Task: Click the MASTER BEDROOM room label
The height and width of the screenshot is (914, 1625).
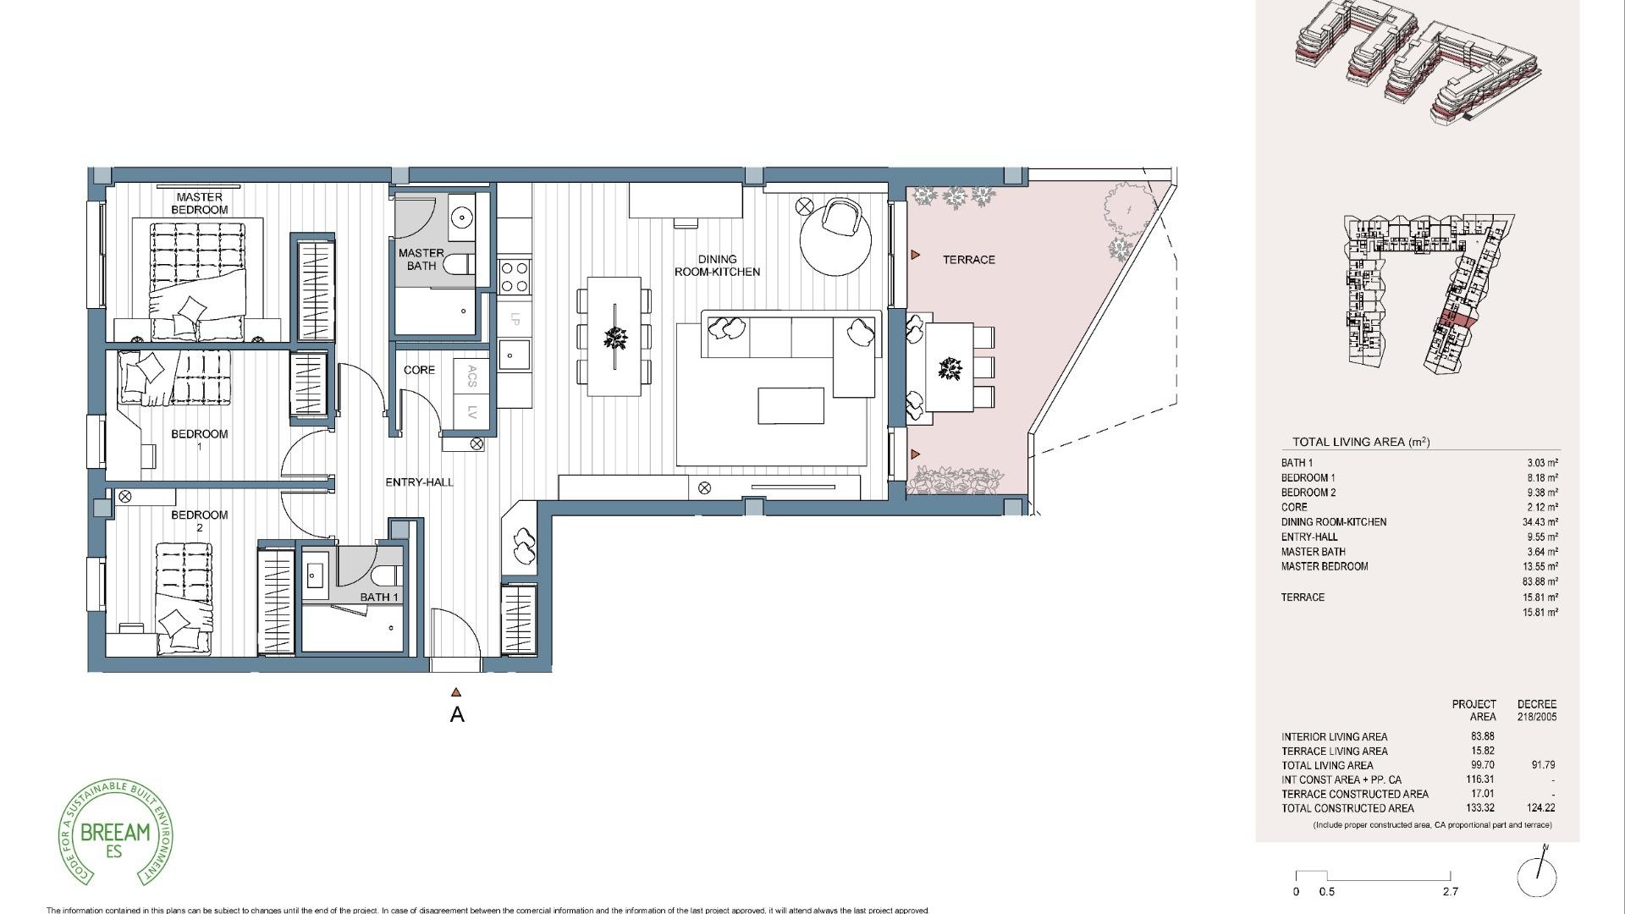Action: pyautogui.click(x=200, y=203)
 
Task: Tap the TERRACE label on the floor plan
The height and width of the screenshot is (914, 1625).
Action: pyautogui.click(x=968, y=260)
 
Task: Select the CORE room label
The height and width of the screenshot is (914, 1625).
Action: pyautogui.click(x=419, y=370)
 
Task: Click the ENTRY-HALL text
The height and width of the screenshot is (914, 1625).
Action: pyautogui.click(x=419, y=482)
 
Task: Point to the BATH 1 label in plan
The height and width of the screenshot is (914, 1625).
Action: pyautogui.click(x=379, y=597)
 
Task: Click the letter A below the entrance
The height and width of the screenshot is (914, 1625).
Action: pyautogui.click(x=457, y=715)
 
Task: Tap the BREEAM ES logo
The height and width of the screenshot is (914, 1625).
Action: pyautogui.click(x=115, y=833)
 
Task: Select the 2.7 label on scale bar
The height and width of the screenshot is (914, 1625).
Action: pyautogui.click(x=1451, y=891)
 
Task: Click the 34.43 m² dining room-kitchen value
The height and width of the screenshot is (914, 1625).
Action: pyautogui.click(x=1540, y=522)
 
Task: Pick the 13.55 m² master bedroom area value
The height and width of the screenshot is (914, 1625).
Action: pyautogui.click(x=1540, y=566)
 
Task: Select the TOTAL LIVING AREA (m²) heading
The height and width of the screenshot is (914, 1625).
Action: pyautogui.click(x=1360, y=442)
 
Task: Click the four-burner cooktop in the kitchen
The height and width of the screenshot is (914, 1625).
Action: pyautogui.click(x=515, y=276)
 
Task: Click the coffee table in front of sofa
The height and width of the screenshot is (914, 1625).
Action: pyautogui.click(x=790, y=405)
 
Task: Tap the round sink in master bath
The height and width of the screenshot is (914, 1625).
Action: pyautogui.click(x=462, y=217)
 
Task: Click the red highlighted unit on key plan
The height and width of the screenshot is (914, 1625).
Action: pyautogui.click(x=1454, y=319)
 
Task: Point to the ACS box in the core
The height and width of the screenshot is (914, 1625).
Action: pyautogui.click(x=472, y=376)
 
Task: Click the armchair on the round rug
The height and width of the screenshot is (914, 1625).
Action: pyautogui.click(x=843, y=217)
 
